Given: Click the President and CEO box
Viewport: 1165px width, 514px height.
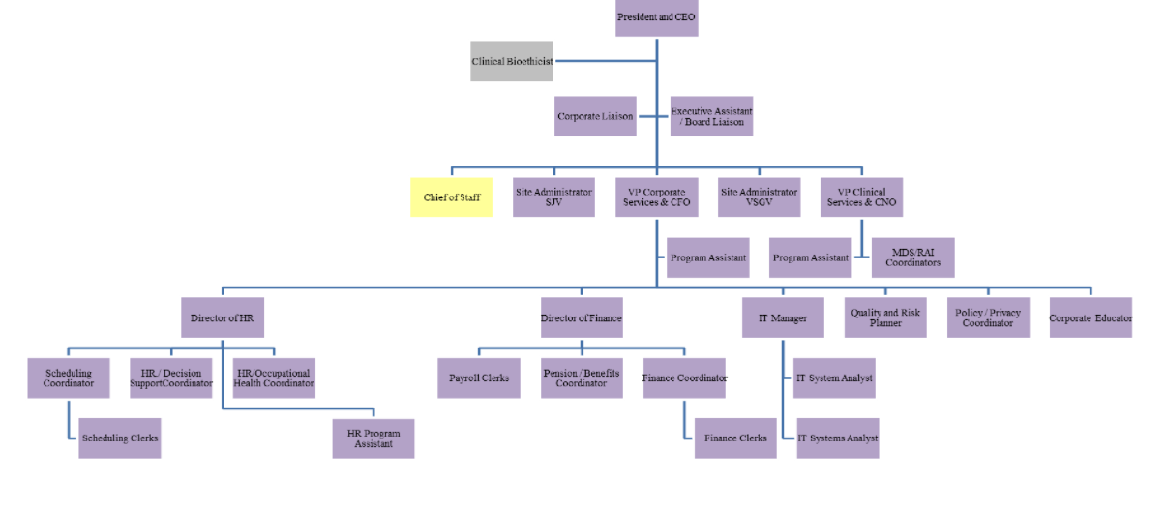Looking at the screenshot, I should click(x=656, y=17).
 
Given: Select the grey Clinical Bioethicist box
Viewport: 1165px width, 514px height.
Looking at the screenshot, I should click(x=512, y=61).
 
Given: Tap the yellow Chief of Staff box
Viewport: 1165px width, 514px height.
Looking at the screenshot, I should click(x=451, y=197).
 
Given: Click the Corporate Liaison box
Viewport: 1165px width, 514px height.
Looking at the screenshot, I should click(x=595, y=116).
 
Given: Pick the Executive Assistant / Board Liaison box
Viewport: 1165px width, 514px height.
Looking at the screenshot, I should click(x=711, y=116).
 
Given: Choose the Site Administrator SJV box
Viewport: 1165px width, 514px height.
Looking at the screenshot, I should click(x=553, y=197).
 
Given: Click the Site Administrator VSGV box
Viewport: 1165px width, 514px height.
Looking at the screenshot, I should click(x=759, y=197).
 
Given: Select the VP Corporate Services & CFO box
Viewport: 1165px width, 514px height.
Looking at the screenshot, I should click(x=656, y=197).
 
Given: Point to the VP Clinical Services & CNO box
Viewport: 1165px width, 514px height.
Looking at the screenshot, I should click(x=861, y=197).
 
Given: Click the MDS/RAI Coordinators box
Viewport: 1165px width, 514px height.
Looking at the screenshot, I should click(x=912, y=257).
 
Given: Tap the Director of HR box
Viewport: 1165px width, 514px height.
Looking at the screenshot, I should click(x=222, y=317).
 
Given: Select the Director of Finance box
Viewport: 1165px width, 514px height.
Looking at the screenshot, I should click(x=581, y=317).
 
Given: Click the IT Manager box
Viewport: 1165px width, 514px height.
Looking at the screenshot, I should click(x=783, y=317).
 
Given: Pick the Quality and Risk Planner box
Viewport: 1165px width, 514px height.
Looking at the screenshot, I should click(x=885, y=317).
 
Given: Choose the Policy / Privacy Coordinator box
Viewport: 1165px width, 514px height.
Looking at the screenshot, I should click(x=988, y=317).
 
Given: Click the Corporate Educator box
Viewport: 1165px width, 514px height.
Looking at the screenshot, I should click(x=1090, y=317).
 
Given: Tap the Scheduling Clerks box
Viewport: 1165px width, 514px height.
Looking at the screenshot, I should click(x=120, y=438).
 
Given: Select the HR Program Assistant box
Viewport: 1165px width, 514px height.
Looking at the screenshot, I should click(x=373, y=438).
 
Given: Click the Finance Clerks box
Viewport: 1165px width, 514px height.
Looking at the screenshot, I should click(x=735, y=438).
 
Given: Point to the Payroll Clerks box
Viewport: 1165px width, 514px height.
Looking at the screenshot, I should click(x=479, y=378).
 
